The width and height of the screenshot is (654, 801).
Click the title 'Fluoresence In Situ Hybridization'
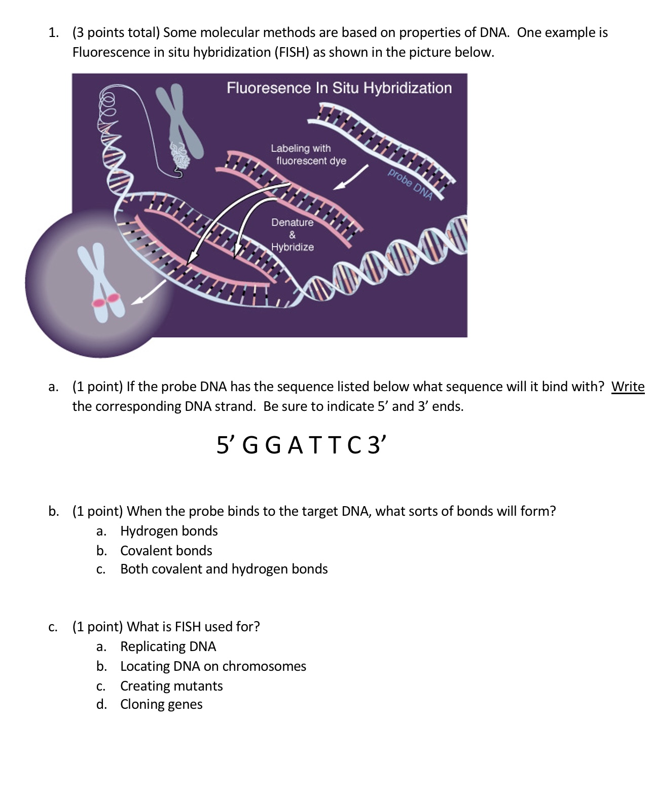[x=339, y=88]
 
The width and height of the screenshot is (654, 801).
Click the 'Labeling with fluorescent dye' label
[x=308, y=155]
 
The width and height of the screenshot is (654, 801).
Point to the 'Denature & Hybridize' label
[x=292, y=235]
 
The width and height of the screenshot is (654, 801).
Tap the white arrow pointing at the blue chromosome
[x=149, y=293]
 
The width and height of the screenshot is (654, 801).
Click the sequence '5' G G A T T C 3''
[x=301, y=445]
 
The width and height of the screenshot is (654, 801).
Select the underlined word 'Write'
[x=628, y=387]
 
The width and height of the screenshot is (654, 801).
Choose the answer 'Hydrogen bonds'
[x=169, y=531]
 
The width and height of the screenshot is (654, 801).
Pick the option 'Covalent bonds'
[x=166, y=551]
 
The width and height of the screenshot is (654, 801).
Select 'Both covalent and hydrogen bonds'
[x=224, y=569]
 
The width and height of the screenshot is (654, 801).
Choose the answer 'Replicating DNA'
[x=168, y=646]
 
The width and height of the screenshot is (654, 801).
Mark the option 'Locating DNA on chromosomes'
[x=213, y=666]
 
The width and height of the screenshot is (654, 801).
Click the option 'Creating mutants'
[x=171, y=686]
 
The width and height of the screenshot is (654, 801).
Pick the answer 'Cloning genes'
[x=161, y=704]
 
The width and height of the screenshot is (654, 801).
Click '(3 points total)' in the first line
[x=116, y=32]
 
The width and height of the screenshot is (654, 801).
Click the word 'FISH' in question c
[x=188, y=627]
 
